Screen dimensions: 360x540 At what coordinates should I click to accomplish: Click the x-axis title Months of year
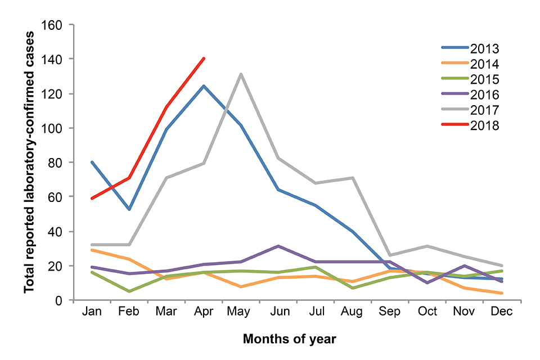pyautogui.click(x=290, y=339)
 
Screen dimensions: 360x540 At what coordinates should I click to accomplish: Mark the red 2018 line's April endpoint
pyautogui.click(x=204, y=58)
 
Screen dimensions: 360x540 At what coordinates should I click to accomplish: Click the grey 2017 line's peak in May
pyautogui.click(x=241, y=74)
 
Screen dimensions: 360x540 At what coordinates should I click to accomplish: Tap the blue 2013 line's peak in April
pyautogui.click(x=204, y=86)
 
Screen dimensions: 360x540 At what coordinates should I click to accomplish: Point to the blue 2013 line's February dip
pyautogui.click(x=129, y=209)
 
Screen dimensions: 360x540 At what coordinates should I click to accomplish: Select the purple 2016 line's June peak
pyautogui.click(x=278, y=246)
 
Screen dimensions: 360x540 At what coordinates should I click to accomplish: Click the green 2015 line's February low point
pyautogui.click(x=129, y=291)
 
